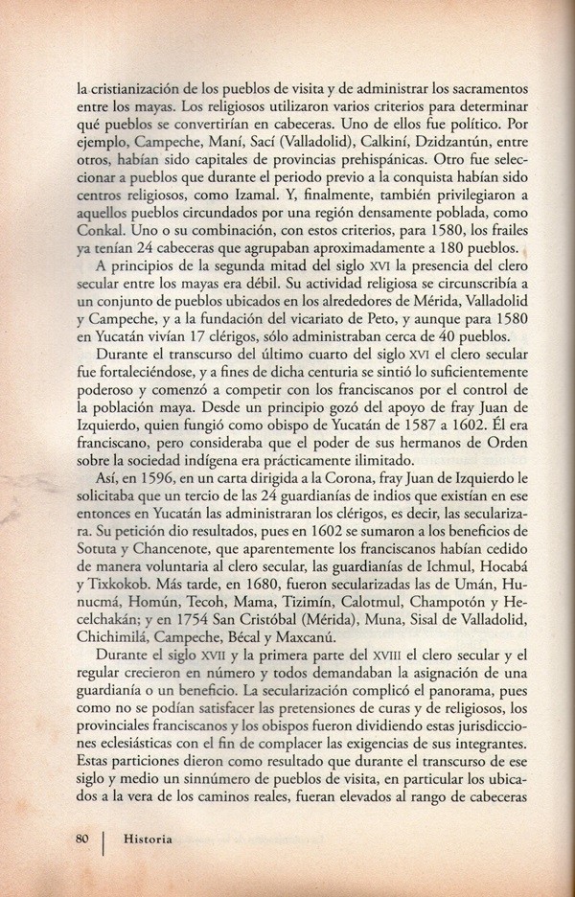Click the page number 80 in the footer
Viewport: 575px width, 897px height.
(x=82, y=839)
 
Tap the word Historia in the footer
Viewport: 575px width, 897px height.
(x=147, y=839)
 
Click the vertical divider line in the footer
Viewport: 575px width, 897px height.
(x=103, y=839)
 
